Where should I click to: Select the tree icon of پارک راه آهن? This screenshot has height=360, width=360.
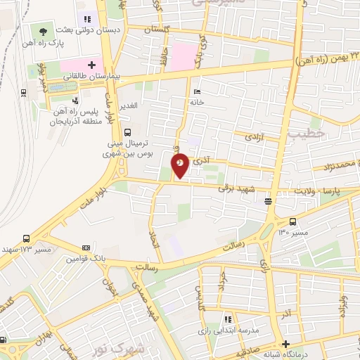tap(44, 31)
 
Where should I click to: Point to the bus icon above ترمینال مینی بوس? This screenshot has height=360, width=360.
tap(127, 131)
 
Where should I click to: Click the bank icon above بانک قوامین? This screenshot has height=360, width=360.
tap(86, 247)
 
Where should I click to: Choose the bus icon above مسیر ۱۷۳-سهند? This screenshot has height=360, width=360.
tap(26, 238)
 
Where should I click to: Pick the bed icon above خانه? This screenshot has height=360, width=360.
tap(197, 92)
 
